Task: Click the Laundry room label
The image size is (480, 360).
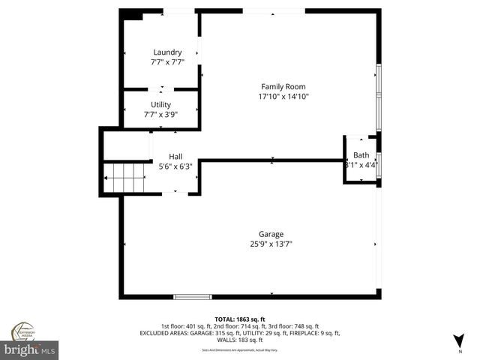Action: (167, 52)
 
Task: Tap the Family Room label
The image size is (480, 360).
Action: (283, 86)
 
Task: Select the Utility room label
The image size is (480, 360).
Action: (160, 104)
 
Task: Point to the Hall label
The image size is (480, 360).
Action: (175, 156)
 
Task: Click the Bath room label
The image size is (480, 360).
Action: (361, 154)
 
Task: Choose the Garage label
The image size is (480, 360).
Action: (271, 234)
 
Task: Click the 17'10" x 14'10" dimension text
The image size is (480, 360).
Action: (283, 97)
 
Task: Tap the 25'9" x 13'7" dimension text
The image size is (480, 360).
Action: (271, 244)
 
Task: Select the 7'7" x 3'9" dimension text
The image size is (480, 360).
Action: (160, 115)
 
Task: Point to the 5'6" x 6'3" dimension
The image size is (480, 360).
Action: (175, 166)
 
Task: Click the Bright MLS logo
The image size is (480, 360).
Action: (30, 349)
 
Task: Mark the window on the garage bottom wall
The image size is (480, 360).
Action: (193, 297)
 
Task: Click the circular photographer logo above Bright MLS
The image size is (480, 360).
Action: (22, 331)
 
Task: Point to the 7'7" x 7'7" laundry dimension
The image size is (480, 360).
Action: (167, 62)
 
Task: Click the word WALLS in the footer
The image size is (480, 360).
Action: (227, 340)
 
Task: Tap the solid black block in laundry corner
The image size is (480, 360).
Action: (133, 14)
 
